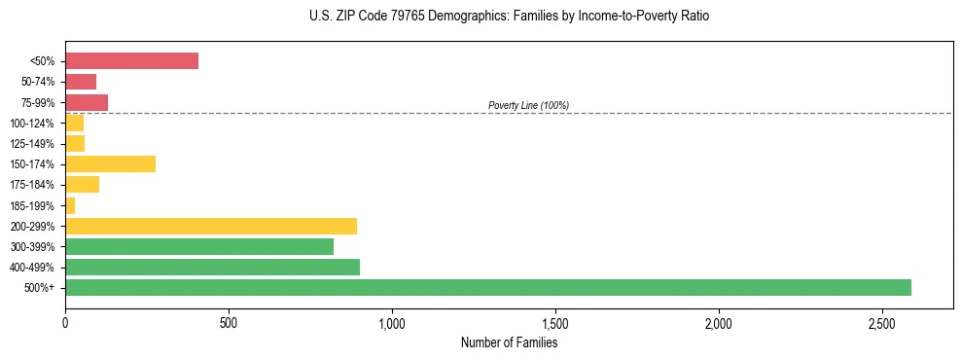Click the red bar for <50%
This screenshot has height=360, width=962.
pos(131,61)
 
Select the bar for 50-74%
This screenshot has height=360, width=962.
pos(81,82)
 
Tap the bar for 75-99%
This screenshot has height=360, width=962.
pos(87,102)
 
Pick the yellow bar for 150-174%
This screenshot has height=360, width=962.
pos(110,163)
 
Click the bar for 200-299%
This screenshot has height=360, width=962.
pos(211,226)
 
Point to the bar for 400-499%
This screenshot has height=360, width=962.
pos(212,267)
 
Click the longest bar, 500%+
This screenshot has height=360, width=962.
pos(488,287)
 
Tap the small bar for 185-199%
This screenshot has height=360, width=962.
pos(70,205)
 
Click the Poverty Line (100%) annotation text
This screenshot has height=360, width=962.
pos(528,105)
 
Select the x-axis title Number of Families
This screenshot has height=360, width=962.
pos(509,342)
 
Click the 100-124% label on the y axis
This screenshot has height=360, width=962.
pos(32,124)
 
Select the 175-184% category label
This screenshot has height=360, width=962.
pos(32,185)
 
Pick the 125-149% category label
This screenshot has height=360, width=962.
pos(32,144)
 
